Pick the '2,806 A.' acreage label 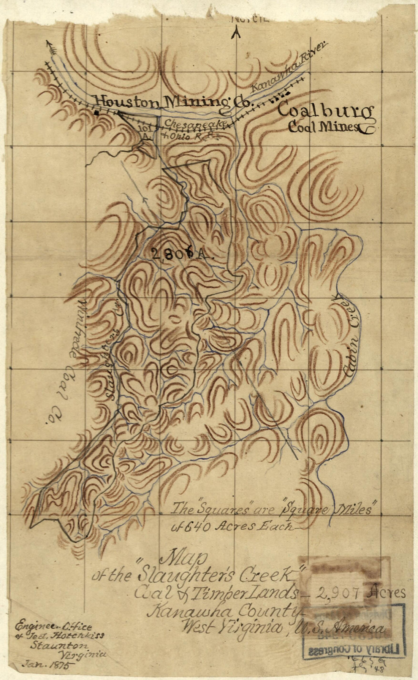[182, 254]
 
